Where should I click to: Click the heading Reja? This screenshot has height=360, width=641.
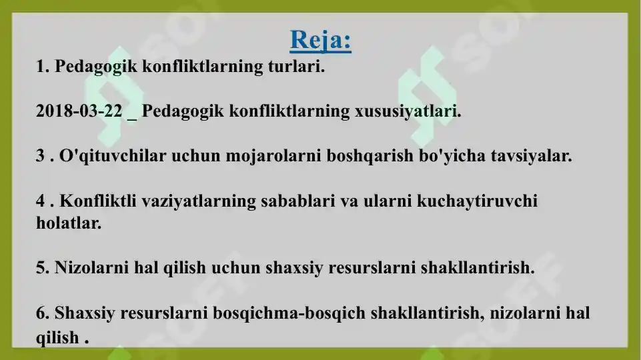(x=321, y=41)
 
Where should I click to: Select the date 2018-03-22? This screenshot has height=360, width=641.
(x=79, y=111)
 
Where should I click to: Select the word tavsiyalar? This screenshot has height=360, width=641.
(x=531, y=157)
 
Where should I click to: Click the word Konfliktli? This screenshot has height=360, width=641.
(x=98, y=201)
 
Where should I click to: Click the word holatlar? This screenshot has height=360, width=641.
(x=69, y=223)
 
